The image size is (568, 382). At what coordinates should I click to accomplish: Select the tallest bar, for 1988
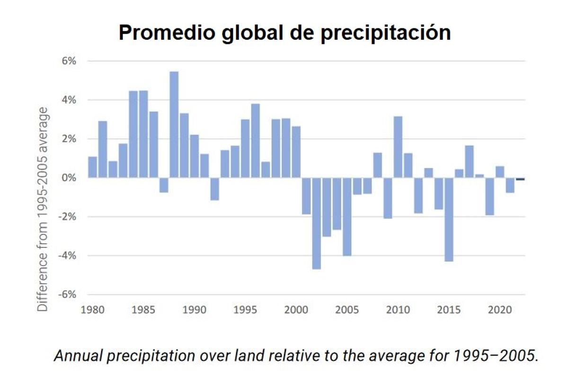174,125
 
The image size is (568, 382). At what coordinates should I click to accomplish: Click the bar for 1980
92,167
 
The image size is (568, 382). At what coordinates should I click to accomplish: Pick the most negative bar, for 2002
316,223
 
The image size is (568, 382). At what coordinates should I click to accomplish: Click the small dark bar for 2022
520,179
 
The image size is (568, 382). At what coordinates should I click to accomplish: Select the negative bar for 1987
164,185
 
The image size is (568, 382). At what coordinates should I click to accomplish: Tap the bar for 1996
255,141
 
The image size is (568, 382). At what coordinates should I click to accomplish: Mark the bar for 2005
347,217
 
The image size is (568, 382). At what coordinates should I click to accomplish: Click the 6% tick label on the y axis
68,61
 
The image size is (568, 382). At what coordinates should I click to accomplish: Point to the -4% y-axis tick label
66,256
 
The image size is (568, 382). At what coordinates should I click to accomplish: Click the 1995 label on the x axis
245,310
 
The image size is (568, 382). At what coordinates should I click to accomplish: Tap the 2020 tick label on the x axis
499,310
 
